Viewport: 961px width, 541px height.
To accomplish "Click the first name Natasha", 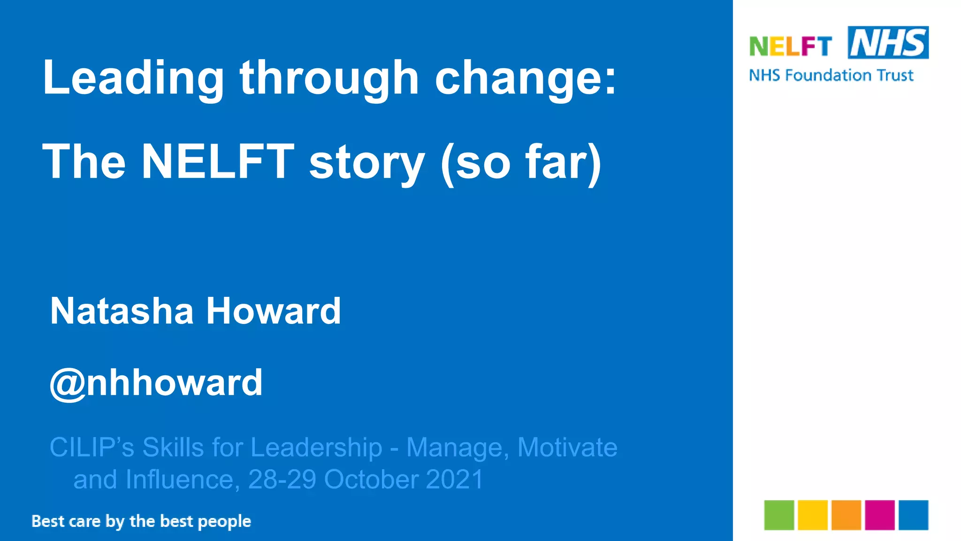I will [x=122, y=311].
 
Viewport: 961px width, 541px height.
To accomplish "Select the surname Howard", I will [x=273, y=311].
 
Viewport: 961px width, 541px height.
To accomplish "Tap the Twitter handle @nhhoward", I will [x=156, y=383].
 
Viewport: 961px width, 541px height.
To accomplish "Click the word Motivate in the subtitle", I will [x=567, y=447].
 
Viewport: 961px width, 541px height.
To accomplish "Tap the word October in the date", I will [x=371, y=479].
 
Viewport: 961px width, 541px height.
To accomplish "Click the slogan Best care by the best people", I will [x=141, y=521].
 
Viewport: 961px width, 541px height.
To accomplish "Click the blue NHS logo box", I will [x=888, y=43].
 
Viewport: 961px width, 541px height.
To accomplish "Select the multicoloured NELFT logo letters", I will [x=790, y=46].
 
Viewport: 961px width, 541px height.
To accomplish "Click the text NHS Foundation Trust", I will [x=831, y=75].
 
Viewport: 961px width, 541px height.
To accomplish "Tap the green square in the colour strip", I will [x=779, y=515].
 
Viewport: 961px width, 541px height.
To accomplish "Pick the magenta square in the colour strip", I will [x=880, y=515].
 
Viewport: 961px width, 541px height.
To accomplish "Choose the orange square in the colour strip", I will [x=846, y=515].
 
